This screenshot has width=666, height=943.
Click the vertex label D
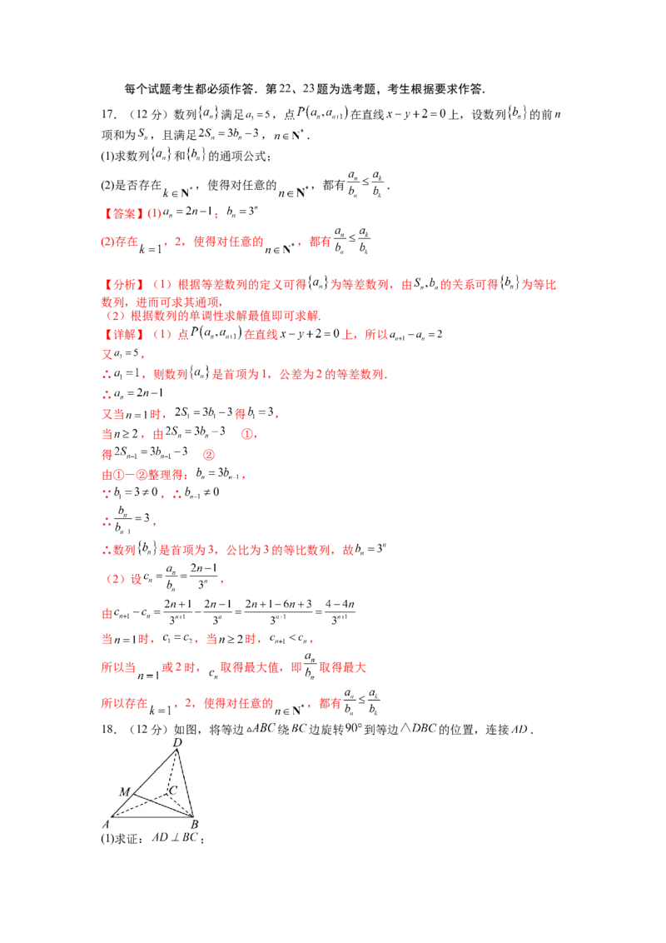pos(176,741)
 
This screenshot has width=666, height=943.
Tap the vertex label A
pos(106,825)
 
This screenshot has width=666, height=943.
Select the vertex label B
pos(194,825)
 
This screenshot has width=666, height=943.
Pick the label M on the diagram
pos(124,791)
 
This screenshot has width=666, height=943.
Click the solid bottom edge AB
pos(150,817)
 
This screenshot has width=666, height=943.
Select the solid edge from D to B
pos(186,783)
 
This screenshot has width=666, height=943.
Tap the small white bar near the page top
pos(266,123)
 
